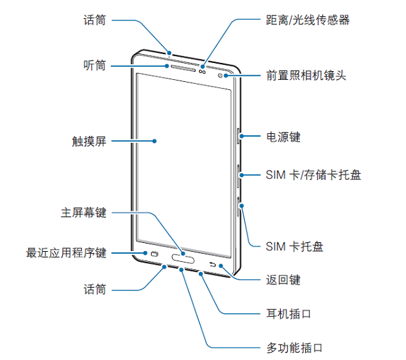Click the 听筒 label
[94, 66]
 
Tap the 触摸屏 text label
[89, 141]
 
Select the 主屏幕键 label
[83, 213]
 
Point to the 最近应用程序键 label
[66, 253]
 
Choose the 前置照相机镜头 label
[306, 74]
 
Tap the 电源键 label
[283, 137]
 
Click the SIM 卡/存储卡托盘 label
[313, 175]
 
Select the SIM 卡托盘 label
[294, 245]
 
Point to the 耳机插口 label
[288, 313]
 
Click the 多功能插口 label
[294, 348]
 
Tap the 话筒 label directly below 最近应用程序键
[94, 290]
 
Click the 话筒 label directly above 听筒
[94, 20]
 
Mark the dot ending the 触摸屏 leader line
[155, 141]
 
